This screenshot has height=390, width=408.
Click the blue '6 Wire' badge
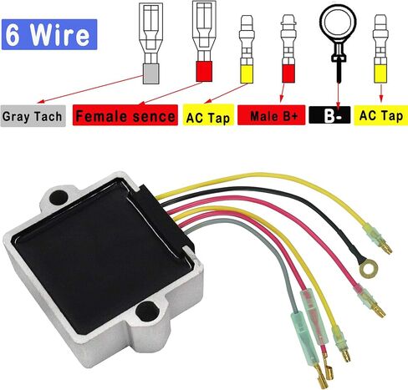click(49, 34)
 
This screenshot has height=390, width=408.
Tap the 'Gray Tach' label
click(33, 116)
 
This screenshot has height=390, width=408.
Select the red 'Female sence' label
click(125, 115)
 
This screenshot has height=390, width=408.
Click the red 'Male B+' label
click(271, 115)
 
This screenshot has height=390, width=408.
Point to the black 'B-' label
click(329, 115)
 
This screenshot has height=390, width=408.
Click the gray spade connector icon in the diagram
click(150, 43)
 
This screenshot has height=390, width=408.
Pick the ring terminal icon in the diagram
click(339, 42)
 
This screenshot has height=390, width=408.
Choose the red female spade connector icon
click(204, 41)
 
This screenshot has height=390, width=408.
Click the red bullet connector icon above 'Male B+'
click(288, 48)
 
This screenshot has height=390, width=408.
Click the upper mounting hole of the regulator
click(59, 197)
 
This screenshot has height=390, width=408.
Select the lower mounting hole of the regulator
click(147, 311)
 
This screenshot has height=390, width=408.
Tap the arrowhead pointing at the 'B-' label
click(338, 107)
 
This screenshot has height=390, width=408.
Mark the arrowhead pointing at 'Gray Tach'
click(40, 102)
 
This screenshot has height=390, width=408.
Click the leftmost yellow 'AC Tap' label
click(208, 115)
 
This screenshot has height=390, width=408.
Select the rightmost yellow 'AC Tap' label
click(381, 115)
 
